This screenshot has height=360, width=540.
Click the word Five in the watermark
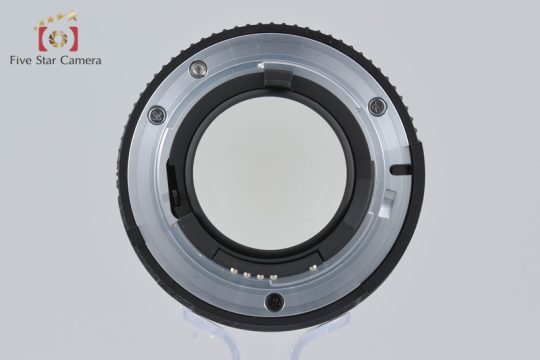(22, 60)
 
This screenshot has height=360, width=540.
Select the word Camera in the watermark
(81, 60)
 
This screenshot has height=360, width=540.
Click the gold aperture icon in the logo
(58, 38)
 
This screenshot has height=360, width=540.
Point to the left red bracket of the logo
(43, 39)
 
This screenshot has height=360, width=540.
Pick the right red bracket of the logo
(73, 39)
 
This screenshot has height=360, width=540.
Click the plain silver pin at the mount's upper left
(198, 68)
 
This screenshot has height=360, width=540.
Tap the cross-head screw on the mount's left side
(157, 115)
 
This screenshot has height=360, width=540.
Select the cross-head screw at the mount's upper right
(377, 106)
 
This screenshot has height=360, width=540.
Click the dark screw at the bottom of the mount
(274, 302)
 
